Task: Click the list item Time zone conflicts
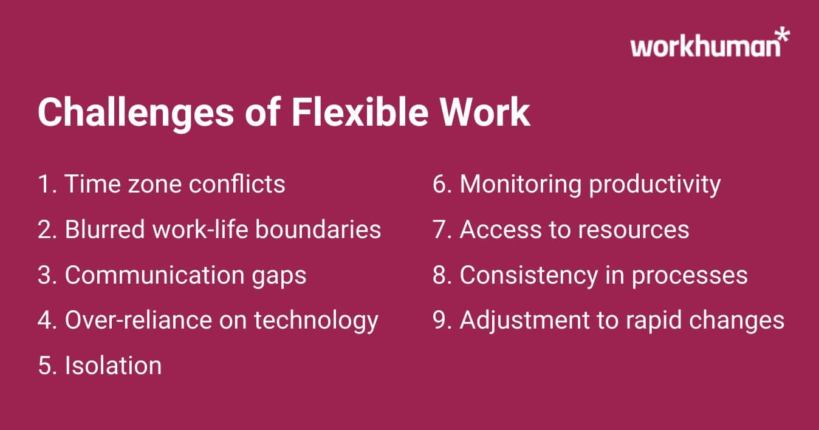tap(162, 184)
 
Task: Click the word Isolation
tap(113, 366)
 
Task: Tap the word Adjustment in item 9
tap(525, 321)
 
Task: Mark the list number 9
tap(440, 321)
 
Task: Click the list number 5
tap(46, 366)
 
